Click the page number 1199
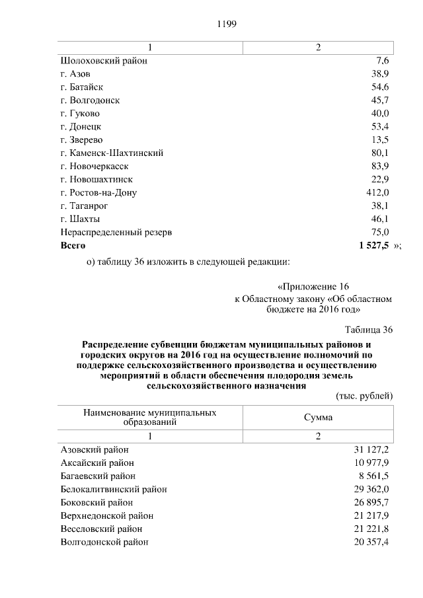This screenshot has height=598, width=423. click(227, 24)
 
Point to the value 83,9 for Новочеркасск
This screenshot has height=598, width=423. click(380, 166)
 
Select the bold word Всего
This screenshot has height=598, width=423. click(73, 245)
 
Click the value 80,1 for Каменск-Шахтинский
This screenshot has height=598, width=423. click(380, 153)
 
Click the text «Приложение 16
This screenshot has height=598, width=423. click(313, 287)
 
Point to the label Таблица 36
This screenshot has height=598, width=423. click(369, 330)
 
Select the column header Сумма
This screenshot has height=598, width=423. click(318, 418)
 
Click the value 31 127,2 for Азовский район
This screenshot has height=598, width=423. click(371, 450)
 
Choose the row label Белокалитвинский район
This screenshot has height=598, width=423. click(113, 489)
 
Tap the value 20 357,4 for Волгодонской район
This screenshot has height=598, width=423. click(371, 542)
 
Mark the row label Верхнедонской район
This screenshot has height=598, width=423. click(106, 515)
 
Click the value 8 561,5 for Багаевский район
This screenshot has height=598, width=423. click(374, 476)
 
